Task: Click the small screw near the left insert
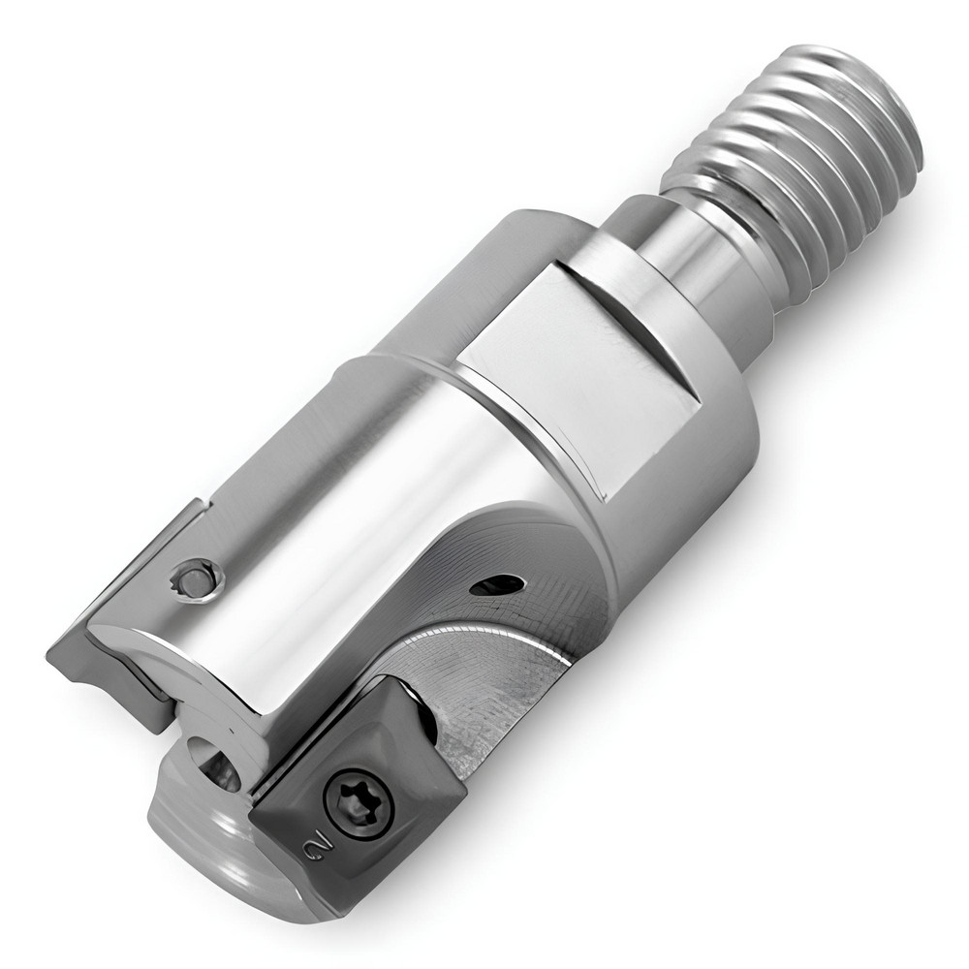tap(199, 582)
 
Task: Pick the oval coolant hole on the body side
tap(496, 584)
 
